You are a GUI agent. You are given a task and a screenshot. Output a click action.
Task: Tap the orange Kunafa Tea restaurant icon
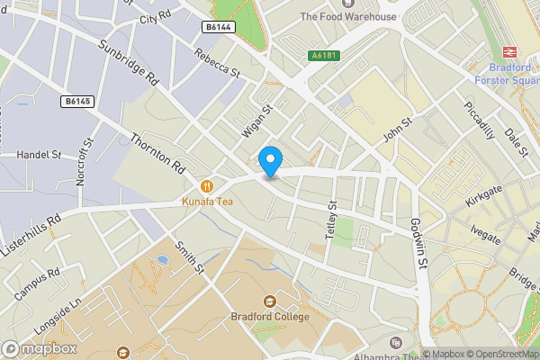pos(208,186)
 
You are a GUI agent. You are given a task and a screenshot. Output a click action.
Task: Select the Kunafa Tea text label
pos(208,202)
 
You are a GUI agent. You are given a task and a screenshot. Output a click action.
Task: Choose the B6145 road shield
pos(78,102)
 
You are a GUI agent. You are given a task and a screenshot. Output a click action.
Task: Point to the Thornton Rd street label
pos(157,153)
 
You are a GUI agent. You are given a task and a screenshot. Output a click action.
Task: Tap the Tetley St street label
pos(330,219)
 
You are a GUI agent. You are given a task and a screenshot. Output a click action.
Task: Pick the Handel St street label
pos(38,155)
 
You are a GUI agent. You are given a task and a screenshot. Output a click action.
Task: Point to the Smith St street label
pos(190,256)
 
